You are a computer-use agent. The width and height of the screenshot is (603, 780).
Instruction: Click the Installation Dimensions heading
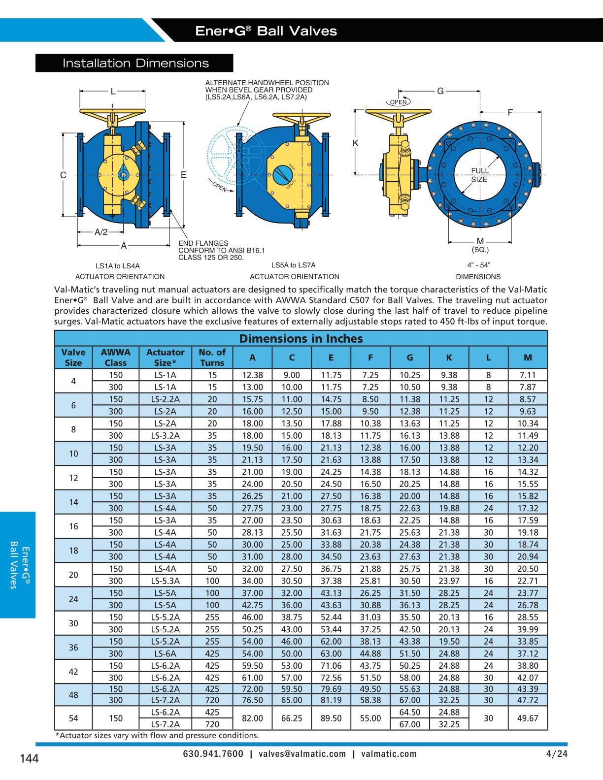(135, 63)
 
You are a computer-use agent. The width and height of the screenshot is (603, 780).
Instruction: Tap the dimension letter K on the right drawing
(355, 143)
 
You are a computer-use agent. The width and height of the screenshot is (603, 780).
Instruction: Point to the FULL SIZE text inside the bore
(479, 175)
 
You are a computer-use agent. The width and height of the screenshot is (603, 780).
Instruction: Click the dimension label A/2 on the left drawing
(101, 232)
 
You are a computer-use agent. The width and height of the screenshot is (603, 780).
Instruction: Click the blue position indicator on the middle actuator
(282, 174)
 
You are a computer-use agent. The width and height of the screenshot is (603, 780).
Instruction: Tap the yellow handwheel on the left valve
(112, 112)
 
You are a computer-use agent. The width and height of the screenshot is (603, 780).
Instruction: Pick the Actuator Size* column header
(165, 357)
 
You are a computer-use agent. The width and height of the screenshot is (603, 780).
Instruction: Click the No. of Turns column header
(212, 357)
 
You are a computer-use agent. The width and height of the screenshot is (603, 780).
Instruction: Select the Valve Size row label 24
(73, 599)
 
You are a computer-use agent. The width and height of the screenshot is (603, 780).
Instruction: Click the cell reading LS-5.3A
(165, 581)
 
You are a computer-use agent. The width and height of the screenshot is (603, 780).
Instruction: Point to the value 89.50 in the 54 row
(331, 718)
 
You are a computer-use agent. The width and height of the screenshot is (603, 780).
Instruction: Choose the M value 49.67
(528, 718)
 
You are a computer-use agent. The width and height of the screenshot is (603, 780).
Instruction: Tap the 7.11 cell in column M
(528, 375)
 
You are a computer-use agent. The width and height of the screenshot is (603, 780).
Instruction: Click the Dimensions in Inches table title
(301, 339)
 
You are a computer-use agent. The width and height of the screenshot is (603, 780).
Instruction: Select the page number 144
(29, 759)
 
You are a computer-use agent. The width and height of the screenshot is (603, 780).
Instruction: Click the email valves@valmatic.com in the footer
(302, 754)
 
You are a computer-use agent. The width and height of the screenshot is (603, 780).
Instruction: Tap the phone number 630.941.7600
(213, 754)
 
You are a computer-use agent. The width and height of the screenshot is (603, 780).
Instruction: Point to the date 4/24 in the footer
(557, 754)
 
